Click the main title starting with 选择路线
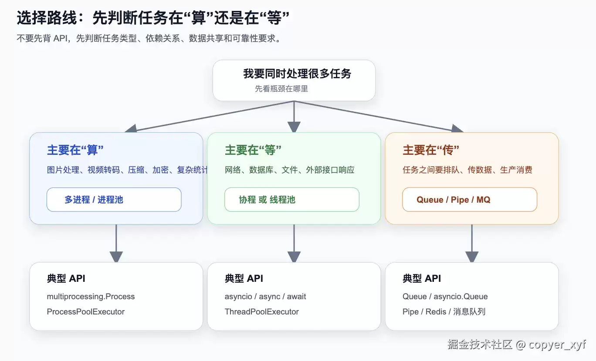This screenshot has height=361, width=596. point(153,18)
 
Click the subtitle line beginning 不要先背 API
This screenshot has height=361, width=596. point(149,39)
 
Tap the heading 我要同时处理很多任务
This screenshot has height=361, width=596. point(297,74)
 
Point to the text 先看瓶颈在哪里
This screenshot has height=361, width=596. point(281,89)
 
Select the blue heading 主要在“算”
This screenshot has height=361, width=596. point(75,150)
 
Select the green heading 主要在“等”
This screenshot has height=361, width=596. point(253,150)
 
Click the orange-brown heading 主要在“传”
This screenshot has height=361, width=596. point(431,150)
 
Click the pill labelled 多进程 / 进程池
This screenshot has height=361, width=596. point(114,200)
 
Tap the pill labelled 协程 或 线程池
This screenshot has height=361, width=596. point(292,200)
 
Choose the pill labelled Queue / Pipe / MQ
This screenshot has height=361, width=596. point(470,200)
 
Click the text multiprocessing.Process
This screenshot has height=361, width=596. point(91,297)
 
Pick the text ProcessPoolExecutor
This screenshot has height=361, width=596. point(86,311)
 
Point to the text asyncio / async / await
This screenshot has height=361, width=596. point(265,297)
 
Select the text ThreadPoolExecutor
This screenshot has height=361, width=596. point(261,311)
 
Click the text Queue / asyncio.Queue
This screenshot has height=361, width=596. point(445,297)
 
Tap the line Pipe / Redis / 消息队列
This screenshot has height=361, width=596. point(444,311)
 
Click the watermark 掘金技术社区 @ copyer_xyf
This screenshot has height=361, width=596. point(517,344)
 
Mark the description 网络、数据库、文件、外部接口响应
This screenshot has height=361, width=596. point(289,170)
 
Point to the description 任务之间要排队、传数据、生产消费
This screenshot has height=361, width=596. point(467,170)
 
